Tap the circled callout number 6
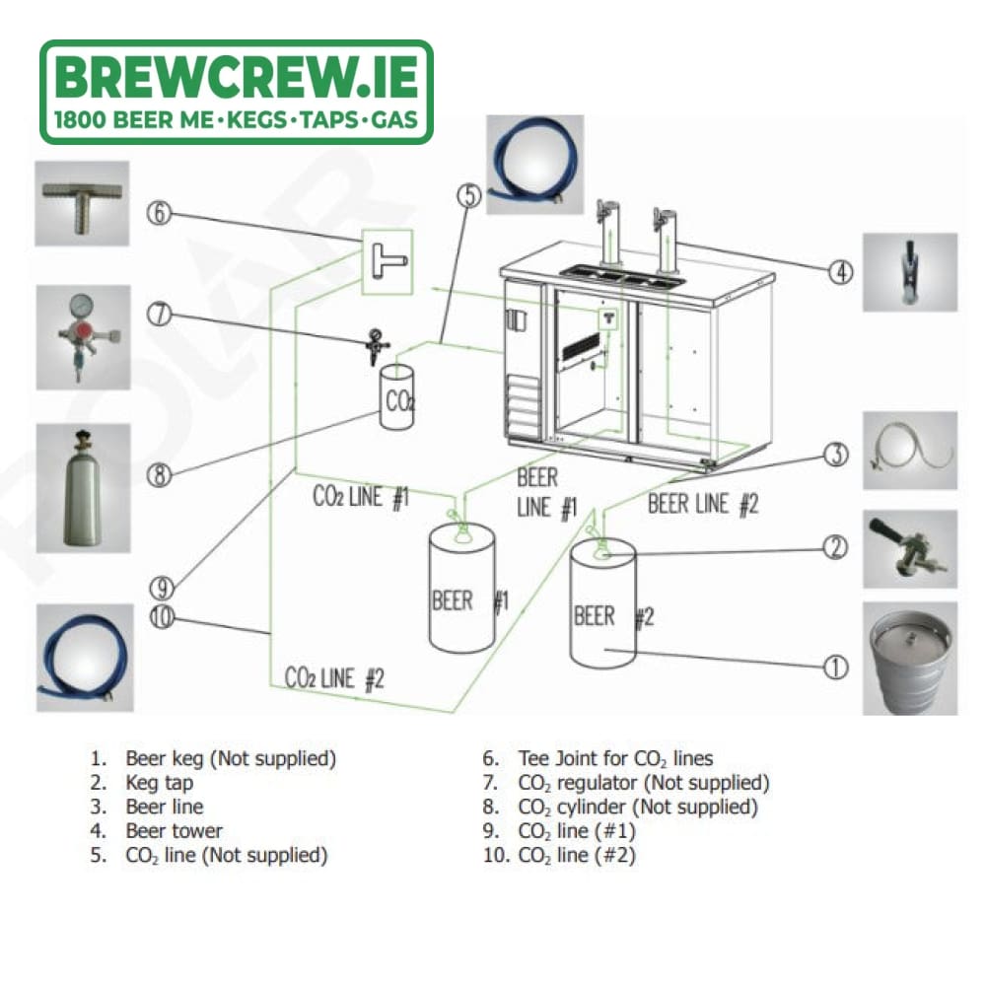click(x=159, y=213)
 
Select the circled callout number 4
click(x=840, y=272)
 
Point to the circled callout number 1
click(x=836, y=668)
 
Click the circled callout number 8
click(x=159, y=475)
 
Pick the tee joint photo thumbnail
click(x=82, y=203)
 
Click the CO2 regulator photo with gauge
click(x=83, y=337)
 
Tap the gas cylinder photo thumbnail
click(x=83, y=488)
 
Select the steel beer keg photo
click(x=910, y=659)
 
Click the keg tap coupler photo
click(x=910, y=549)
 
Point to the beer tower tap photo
click(x=910, y=272)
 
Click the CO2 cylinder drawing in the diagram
click(x=396, y=397)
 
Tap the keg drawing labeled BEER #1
click(x=461, y=588)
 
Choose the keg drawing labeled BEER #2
click(x=603, y=603)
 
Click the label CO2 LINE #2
click(x=334, y=678)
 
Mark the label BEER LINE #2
click(x=703, y=504)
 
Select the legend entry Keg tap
click(x=141, y=783)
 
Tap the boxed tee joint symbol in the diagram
click(x=387, y=262)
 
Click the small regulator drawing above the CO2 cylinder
click(x=378, y=345)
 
